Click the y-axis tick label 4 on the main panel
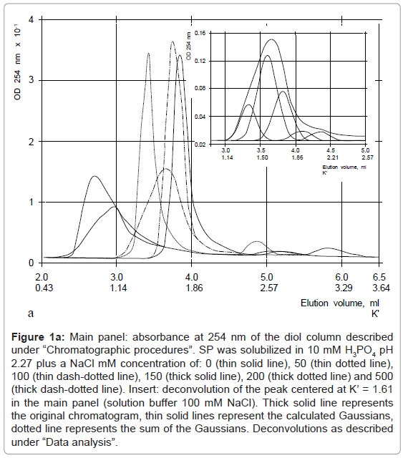pos(31,19)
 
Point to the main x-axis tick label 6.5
pos(379,277)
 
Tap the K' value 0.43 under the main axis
pos(44,288)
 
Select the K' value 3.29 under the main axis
pos(344,288)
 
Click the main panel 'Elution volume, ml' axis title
pos(340,303)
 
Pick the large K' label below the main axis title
pos(375,313)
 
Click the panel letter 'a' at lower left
pos(31,313)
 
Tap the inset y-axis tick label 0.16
pos(200,34)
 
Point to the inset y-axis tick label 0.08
pos(200,88)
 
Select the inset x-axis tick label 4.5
pos(331,150)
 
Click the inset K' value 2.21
pos(333,157)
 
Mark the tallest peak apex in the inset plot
pos(271,39)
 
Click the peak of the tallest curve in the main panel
pos(173,42)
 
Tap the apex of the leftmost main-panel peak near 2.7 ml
pos(94,176)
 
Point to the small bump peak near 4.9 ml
pos(257,241)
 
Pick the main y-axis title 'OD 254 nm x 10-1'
pos(17,62)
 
